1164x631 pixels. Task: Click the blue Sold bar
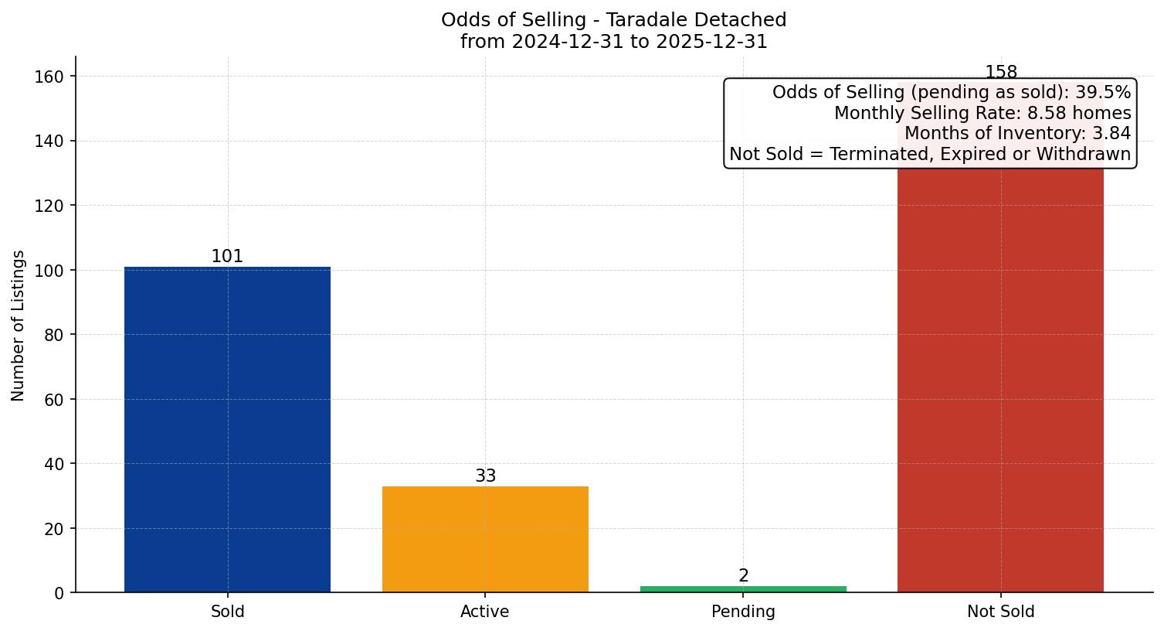[x=227, y=429]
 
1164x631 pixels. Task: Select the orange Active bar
[x=485, y=539]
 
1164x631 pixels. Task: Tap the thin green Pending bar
[x=743, y=589]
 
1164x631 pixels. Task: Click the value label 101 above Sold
[x=227, y=256]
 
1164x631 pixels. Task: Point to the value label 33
[x=485, y=476]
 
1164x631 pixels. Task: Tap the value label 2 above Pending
[x=743, y=575]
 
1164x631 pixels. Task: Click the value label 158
[x=1000, y=72]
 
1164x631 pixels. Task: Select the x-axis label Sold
[x=227, y=612]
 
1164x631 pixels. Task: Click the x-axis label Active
[x=484, y=612]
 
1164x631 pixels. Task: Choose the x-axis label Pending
[x=743, y=612]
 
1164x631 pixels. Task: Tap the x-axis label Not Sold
[x=1000, y=612]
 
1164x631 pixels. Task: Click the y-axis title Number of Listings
[x=19, y=325]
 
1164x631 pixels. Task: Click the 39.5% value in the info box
[x=1102, y=93]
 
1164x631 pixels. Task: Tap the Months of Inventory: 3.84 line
[x=1016, y=134]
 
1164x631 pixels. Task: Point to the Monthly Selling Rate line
[x=982, y=114]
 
